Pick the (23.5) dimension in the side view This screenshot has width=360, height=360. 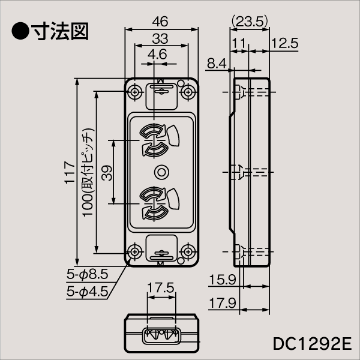pyautogui.click(x=248, y=22)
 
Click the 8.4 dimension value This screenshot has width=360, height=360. pyautogui.click(x=217, y=62)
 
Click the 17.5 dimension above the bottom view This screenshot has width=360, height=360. pyautogui.click(x=160, y=288)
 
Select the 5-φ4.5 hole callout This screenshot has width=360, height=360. pyautogui.click(x=87, y=292)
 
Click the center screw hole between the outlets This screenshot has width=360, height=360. pyautogui.click(x=161, y=172)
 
